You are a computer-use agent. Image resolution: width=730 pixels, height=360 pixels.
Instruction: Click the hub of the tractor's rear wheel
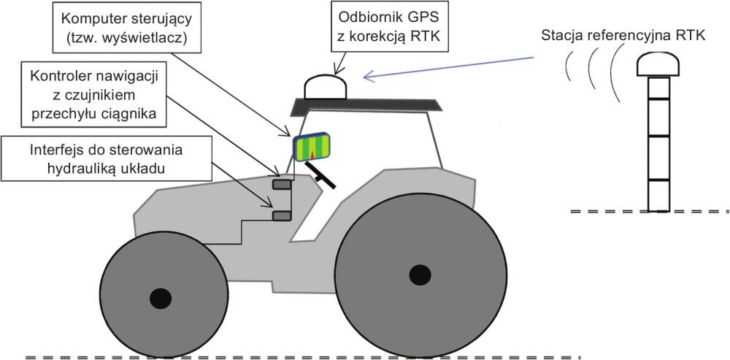click(419, 275)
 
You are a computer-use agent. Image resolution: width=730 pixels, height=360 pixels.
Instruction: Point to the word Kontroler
click(56, 75)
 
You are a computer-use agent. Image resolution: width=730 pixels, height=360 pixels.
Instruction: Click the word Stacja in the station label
click(561, 34)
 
